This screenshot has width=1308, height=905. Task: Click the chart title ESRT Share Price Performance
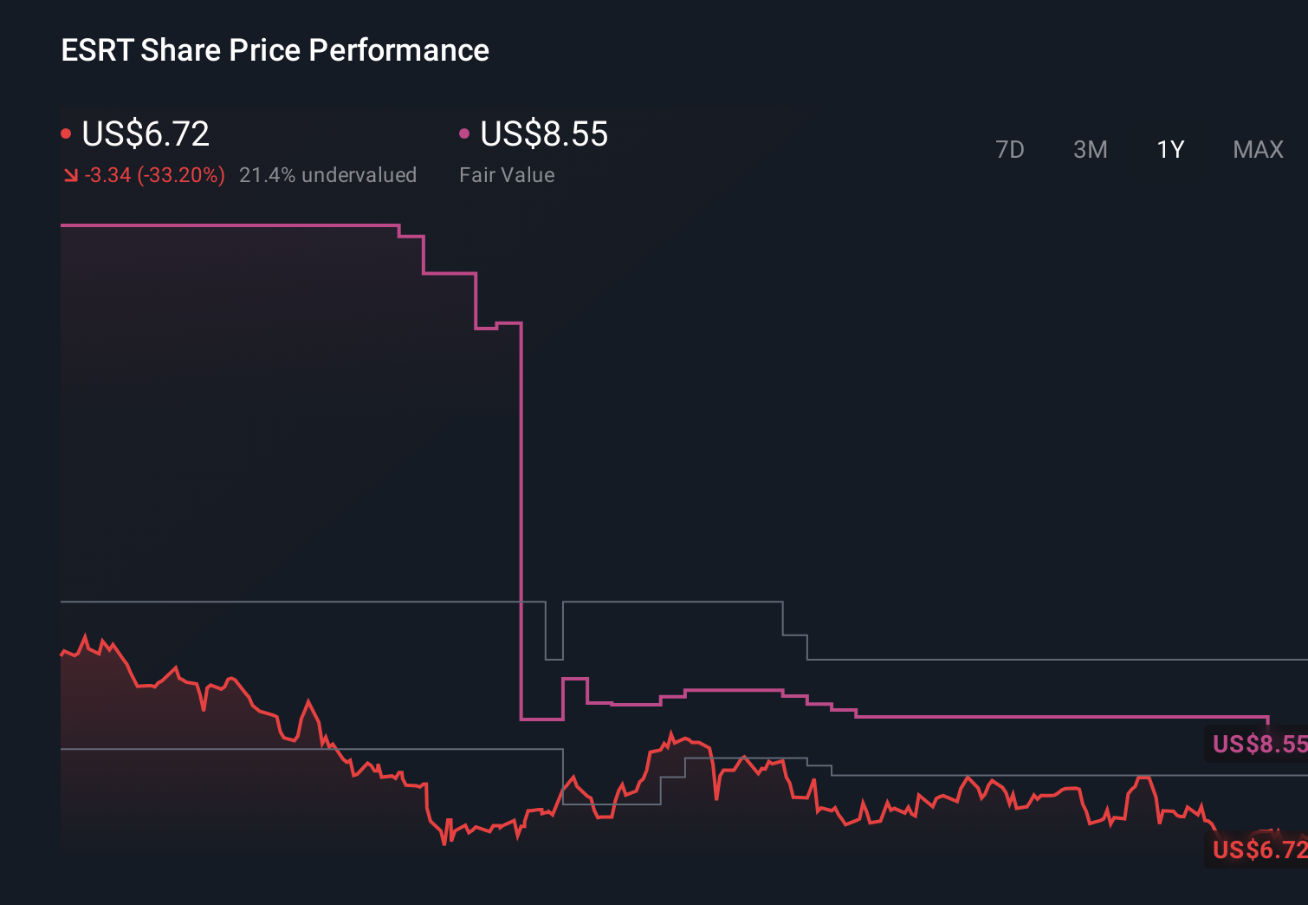pos(275,50)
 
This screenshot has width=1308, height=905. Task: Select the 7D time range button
pos(1009,150)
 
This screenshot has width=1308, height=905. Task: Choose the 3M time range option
pos(1090,150)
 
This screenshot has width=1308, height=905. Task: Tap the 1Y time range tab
pos(1170,150)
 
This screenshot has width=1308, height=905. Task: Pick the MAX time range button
pos(1258,150)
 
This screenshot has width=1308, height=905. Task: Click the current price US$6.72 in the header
pos(146,134)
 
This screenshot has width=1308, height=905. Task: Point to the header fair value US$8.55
pos(544,134)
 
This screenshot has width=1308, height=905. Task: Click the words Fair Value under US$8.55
pos(507,175)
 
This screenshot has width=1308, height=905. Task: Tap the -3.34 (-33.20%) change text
pos(155,175)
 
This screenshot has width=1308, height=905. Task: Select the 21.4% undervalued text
pos(327,175)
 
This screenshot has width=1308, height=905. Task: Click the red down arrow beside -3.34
pos(70,175)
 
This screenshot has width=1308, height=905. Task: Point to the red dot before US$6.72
pos(66,133)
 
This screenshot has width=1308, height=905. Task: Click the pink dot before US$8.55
pos(464,133)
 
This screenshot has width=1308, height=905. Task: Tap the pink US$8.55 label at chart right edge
pos(1259,744)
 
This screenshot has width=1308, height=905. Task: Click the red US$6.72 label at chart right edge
pos(1259,850)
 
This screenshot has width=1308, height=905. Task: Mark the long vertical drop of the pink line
pos(521,520)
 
